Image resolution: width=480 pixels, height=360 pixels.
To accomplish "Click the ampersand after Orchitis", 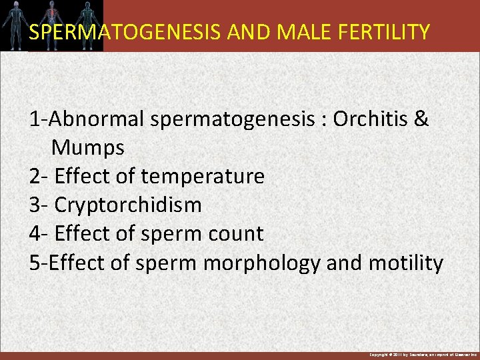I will (x=422, y=119).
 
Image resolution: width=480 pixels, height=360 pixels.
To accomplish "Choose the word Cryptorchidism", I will (x=128, y=205).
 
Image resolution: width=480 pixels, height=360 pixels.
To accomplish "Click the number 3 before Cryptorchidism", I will (x=35, y=205).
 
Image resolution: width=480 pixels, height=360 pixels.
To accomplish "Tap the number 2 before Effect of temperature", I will (x=35, y=177).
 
